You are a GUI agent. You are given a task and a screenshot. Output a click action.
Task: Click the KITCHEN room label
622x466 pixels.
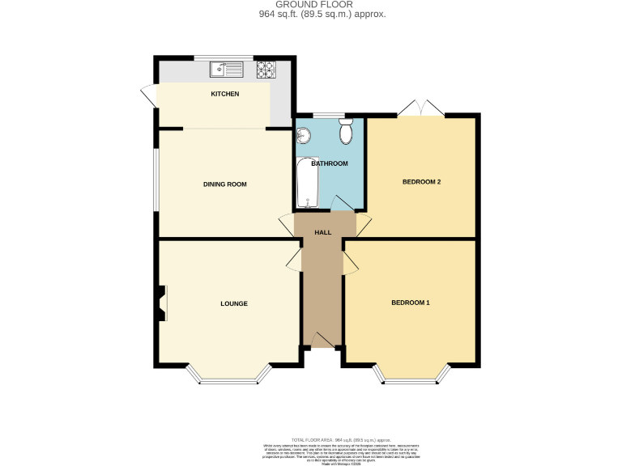click(x=224, y=95)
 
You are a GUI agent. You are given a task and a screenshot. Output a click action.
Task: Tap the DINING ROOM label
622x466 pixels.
click(x=224, y=184)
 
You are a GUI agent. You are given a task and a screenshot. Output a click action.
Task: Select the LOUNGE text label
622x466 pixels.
click(x=233, y=303)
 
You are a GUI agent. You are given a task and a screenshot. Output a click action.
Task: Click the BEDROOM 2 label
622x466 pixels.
click(x=421, y=181)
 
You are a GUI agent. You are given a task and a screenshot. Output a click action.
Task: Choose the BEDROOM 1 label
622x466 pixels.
click(x=411, y=303)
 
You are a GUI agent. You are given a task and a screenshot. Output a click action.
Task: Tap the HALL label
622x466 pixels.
click(x=323, y=233)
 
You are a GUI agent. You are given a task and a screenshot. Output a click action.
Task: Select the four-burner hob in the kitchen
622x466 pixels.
click(x=266, y=70)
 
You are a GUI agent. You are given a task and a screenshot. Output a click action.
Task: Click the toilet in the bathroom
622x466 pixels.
click(x=347, y=131)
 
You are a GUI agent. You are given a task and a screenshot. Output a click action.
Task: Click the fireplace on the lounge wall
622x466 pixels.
click(x=162, y=303)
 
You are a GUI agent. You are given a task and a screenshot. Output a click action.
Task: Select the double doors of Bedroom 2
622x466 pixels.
click(x=420, y=108)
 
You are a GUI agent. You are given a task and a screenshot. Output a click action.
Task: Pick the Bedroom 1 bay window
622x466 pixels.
click(x=411, y=376)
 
